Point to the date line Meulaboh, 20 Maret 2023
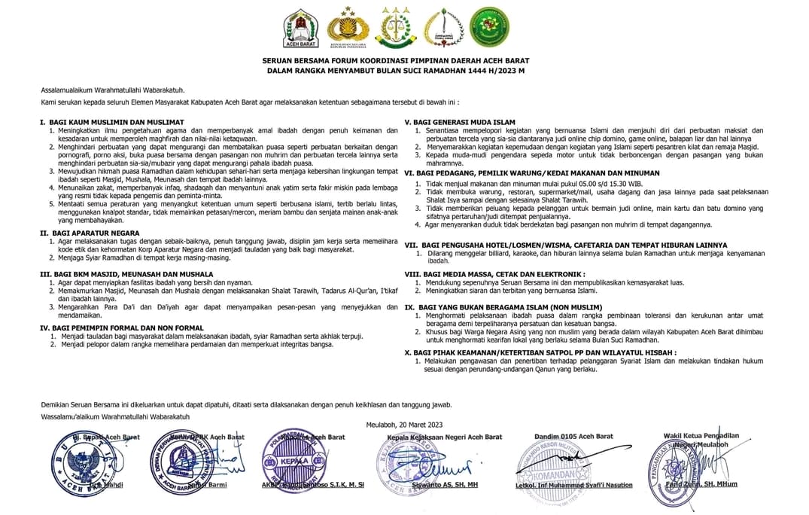[x=404, y=425]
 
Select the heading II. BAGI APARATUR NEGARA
[x=90, y=233]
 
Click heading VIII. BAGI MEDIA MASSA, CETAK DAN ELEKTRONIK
[x=494, y=274]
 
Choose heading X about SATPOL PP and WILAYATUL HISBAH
[x=540, y=352]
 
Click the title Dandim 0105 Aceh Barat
[x=573, y=436]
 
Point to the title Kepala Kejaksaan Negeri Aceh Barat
[x=444, y=437]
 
